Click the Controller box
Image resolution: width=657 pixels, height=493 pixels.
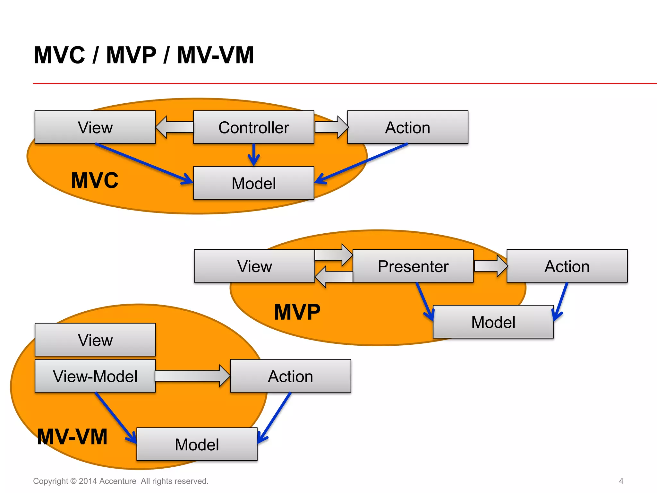click(x=253, y=127)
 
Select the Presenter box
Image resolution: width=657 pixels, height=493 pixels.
click(x=413, y=266)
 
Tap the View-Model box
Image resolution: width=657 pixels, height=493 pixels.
click(x=95, y=376)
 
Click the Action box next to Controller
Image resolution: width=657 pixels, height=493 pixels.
click(x=407, y=127)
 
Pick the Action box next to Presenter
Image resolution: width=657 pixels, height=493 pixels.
click(x=567, y=266)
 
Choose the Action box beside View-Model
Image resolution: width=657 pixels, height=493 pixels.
click(x=290, y=376)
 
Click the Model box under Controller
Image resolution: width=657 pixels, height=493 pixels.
click(x=253, y=183)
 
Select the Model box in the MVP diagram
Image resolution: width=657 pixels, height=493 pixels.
click(x=493, y=322)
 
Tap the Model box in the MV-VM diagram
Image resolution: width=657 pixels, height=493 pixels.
click(x=197, y=444)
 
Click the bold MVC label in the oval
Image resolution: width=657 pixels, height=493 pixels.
click(x=95, y=180)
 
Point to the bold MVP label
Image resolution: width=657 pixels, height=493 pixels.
click(x=297, y=312)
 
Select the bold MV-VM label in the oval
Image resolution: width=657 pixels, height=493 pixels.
click(x=72, y=437)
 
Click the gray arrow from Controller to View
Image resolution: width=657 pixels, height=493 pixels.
click(x=175, y=127)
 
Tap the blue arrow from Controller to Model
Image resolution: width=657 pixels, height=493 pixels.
click(x=253, y=155)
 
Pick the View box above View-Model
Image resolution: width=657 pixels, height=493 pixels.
click(x=95, y=340)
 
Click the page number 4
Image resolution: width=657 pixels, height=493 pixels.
click(x=621, y=481)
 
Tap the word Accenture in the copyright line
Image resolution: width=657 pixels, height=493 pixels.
click(x=118, y=481)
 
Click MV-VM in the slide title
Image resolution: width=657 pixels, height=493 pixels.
click(x=215, y=55)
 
